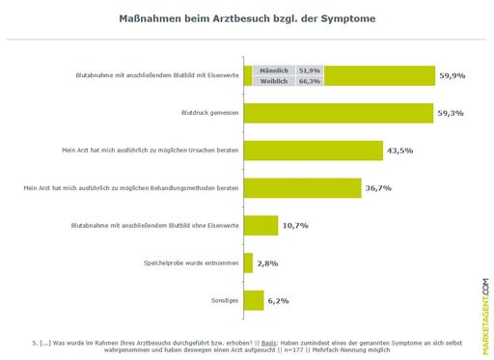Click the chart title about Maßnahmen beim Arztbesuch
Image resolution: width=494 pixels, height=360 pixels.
click(247, 18)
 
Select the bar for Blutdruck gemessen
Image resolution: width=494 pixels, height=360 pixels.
click(338, 113)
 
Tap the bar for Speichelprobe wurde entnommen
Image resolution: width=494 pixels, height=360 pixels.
click(248, 263)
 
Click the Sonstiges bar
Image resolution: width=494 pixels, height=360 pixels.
click(254, 300)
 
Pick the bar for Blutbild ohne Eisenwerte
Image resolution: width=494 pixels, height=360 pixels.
click(261, 225)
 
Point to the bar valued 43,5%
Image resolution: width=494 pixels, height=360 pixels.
click(313, 151)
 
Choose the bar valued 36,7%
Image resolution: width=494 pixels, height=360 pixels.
click(302, 188)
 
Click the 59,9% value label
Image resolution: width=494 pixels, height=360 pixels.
click(453, 75)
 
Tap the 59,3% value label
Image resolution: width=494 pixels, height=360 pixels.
click(451, 113)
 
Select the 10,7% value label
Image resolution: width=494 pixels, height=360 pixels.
click(295, 225)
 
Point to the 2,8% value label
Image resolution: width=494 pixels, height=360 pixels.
click(269, 263)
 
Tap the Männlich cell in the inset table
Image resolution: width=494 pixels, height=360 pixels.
click(274, 70)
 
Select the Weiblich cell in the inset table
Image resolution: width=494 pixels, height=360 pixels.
click(274, 81)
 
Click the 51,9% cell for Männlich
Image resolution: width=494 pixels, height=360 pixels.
click(310, 70)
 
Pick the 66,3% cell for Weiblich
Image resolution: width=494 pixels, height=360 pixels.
click(310, 81)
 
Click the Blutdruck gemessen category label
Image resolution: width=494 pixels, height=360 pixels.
click(209, 113)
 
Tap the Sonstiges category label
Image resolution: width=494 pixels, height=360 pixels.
click(224, 300)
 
